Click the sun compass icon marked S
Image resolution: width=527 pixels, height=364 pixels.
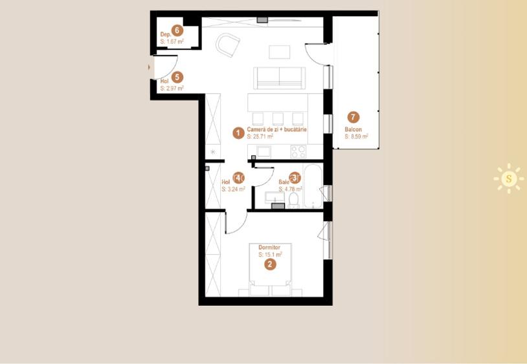[x=509, y=178]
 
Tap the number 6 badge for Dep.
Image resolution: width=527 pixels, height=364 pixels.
[x=177, y=30]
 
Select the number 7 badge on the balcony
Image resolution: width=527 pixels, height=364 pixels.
[x=353, y=117]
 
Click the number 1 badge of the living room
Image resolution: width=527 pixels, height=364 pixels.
[x=238, y=133]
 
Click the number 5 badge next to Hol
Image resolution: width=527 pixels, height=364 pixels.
[x=177, y=77]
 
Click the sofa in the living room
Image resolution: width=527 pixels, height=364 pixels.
[x=279, y=78]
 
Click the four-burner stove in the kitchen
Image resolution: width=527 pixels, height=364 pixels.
[x=298, y=151]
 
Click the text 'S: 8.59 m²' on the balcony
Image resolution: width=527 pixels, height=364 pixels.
[x=356, y=137]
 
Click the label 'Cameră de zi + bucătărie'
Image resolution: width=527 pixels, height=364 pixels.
[x=276, y=130]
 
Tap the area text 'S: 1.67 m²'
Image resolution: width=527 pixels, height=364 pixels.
[x=172, y=41]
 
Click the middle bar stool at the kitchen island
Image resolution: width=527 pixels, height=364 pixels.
[x=278, y=118]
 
